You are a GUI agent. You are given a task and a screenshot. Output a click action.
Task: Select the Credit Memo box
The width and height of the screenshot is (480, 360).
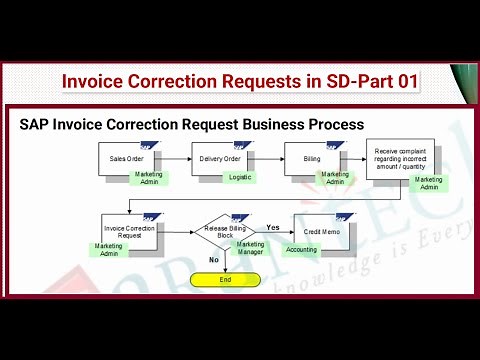point(321,231)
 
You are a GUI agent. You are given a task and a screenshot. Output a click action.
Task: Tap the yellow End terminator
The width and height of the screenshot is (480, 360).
point(225,279)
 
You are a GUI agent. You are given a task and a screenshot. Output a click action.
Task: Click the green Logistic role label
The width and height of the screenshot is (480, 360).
point(240,177)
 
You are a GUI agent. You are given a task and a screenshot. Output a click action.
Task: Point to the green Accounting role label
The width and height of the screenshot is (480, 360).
point(301,250)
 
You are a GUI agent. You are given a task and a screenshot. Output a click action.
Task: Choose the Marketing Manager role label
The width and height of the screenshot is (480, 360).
point(250,249)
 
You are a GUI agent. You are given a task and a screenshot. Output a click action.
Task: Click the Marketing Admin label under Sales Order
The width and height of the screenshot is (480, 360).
point(149,178)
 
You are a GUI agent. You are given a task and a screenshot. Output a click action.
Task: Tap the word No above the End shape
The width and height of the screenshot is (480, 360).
point(213,259)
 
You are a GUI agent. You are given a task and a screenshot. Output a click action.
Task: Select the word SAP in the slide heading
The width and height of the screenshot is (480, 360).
point(40,125)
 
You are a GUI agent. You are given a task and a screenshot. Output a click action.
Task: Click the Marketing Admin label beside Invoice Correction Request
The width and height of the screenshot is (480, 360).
point(108,250)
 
